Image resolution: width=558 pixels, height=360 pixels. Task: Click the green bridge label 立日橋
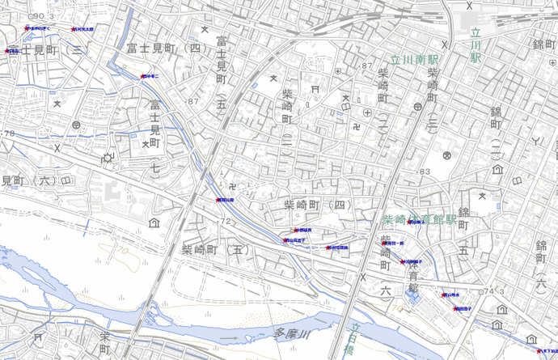pos(353,340)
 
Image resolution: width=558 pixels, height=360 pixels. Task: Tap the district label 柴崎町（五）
pos(213,250)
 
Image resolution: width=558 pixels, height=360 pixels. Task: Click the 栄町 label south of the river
pos(104,344)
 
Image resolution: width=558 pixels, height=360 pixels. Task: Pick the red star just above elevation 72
pos(218,199)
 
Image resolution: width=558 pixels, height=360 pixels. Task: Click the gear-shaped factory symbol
pos(106,158)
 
